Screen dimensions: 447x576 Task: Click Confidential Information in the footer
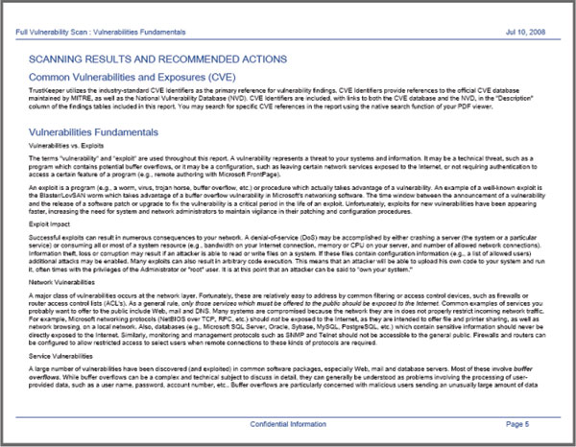288,423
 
